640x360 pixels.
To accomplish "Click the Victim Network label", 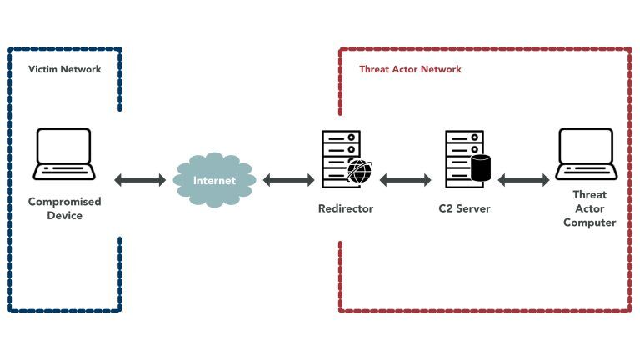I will point(64,70).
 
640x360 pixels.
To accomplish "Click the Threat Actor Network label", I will point(410,70).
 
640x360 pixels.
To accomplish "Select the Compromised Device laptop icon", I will point(64,154).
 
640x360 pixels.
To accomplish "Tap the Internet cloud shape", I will point(214,180).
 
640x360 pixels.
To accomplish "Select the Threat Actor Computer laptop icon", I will point(587,154).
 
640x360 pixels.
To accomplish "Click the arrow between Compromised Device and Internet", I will point(140,180).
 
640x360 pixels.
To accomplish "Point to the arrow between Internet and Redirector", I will point(288,180).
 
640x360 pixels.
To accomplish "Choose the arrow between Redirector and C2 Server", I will point(405,180).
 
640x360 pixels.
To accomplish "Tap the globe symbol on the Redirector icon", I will point(359,171).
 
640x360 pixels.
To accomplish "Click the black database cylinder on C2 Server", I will point(481,167).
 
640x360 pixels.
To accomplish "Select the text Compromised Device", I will point(64,209).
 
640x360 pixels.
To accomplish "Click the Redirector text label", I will point(345,208).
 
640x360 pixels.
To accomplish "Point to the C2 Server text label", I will point(465,208).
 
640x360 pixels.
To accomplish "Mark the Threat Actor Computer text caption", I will point(589,208).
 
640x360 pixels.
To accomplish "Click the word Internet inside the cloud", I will point(214,181).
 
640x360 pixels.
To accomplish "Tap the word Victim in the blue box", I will point(43,70).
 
